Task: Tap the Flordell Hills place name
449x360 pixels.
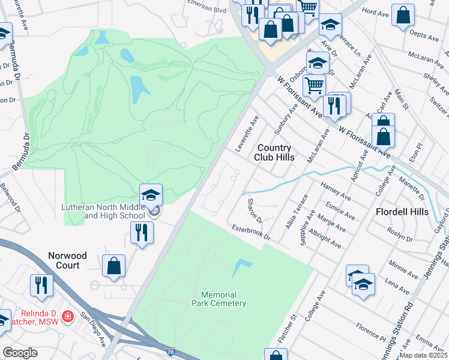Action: [x=402, y=212]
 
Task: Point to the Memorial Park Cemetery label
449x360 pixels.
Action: [x=219, y=299]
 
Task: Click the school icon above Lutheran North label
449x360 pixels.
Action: [x=151, y=194]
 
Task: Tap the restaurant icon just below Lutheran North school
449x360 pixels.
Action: [x=142, y=232]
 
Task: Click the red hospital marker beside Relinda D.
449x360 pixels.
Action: [x=68, y=316]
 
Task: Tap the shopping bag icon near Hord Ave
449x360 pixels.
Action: [x=403, y=14]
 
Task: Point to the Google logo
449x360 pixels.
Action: [x=20, y=353]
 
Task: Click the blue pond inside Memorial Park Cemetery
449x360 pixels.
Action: [x=241, y=268]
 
